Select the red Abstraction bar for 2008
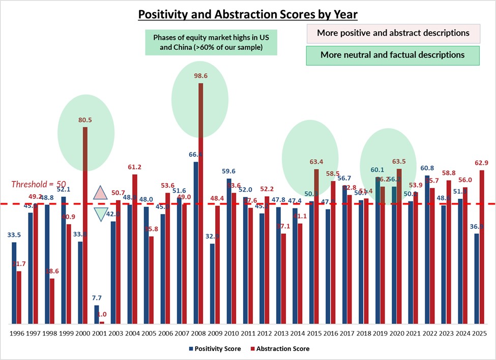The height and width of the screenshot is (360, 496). click(x=201, y=203)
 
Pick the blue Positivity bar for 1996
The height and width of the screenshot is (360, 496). click(x=14, y=283)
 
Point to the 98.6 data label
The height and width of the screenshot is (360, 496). click(x=201, y=76)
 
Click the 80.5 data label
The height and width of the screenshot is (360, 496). click(x=85, y=120)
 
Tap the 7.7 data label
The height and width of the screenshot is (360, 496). click(x=96, y=298)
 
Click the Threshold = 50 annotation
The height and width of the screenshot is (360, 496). click(x=39, y=185)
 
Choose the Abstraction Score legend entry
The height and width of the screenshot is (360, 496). click(x=280, y=349)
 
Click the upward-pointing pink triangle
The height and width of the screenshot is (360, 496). click(x=101, y=192)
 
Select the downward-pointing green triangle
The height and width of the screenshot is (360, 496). click(x=101, y=215)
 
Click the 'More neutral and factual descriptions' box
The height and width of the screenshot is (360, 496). click(x=393, y=55)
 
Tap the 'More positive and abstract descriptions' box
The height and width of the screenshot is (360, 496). click(x=393, y=33)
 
